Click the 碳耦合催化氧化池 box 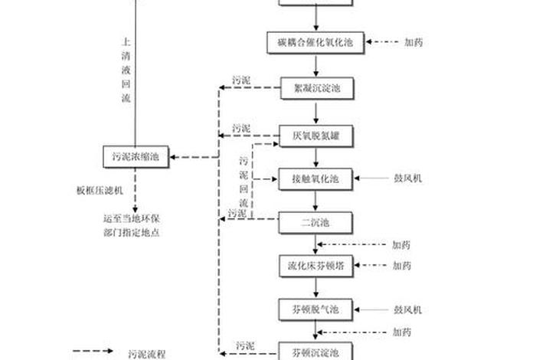pos(315,43)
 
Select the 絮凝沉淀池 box pos(315,89)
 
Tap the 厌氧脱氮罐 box pos(315,136)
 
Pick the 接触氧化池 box pos(315,178)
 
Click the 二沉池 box pos(315,222)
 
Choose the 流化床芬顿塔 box pos(315,266)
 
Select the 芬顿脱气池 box pos(315,309)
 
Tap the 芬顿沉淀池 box pos(315,352)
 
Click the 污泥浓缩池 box pos(135,157)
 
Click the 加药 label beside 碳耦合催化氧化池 pos(414,43)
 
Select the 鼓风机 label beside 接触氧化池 pos(407,178)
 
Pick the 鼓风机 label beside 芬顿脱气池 pos(407,309)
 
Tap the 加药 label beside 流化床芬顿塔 pos(401,266)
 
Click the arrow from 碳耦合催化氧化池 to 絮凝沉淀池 pos(315,64)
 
